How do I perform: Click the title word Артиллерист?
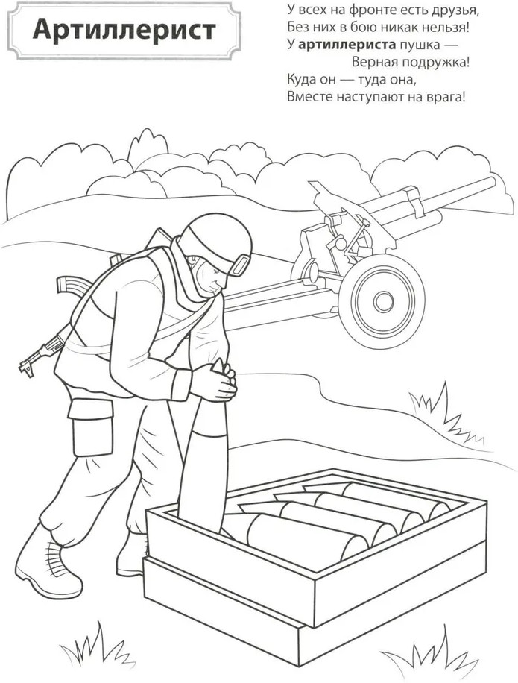point(124,30)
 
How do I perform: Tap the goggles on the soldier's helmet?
point(240,265)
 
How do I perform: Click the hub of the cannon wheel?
point(384,300)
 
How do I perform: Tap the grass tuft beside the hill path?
point(444,414)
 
